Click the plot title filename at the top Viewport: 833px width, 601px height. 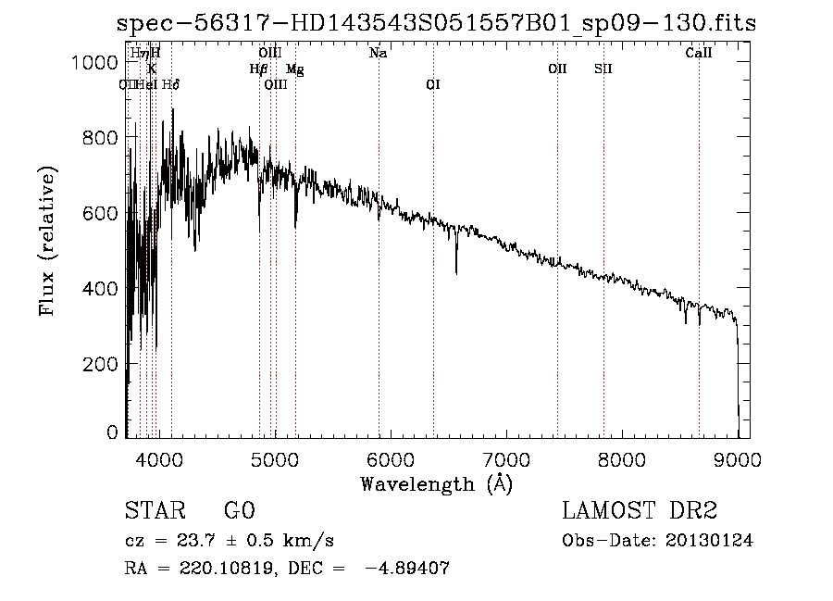tap(436, 24)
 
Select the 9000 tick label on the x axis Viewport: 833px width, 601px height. tap(738, 458)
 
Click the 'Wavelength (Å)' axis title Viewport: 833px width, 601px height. tap(436, 483)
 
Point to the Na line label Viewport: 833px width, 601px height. tap(378, 54)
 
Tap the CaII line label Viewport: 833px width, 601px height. tap(699, 54)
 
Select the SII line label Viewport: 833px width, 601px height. tap(603, 69)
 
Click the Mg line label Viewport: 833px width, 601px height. tap(294, 69)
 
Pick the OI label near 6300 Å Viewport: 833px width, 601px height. tap(433, 84)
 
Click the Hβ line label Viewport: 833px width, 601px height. tap(259, 69)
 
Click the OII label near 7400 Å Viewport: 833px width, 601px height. tap(557, 69)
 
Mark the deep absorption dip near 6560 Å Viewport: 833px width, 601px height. tap(456, 270)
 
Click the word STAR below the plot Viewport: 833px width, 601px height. tap(154, 511)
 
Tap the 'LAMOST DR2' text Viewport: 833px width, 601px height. tap(640, 511)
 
